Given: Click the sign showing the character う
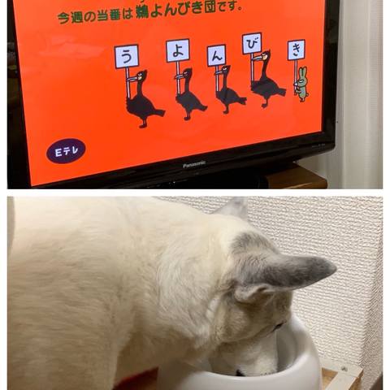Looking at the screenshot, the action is pos(127,56).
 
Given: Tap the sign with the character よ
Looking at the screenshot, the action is pos(178,51).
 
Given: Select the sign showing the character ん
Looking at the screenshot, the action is pos(216,56).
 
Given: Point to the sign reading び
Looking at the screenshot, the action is pos(252,43).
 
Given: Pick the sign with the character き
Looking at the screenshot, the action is pos(297,50).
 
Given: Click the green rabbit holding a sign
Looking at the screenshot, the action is pos(301,84).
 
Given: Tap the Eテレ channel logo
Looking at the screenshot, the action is pos(66,151).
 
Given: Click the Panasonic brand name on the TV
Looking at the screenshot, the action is pos(194,164).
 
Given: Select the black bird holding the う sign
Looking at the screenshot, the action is pos(144,99).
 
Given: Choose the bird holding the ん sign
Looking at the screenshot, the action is pos(229,90).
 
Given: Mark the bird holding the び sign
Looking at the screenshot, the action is pos(266,80).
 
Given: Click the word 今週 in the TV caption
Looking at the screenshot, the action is pos(71,17).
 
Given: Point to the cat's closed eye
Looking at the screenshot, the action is pos(279,325).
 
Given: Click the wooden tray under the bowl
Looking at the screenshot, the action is pos(342,376).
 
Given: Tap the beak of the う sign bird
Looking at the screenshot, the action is pos(132,80).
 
